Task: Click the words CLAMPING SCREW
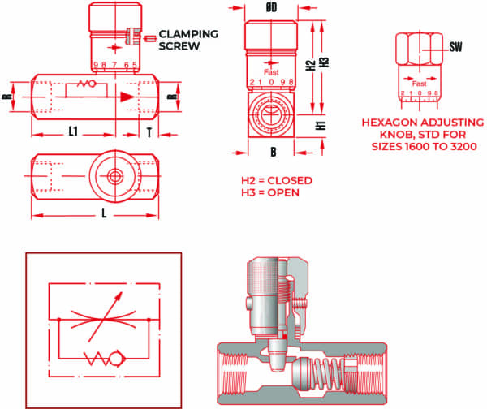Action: [x=187, y=40]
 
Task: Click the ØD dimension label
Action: [x=272, y=8]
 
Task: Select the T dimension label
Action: [x=149, y=130]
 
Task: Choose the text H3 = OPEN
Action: [x=270, y=192]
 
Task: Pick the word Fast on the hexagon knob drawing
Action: [x=420, y=83]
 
